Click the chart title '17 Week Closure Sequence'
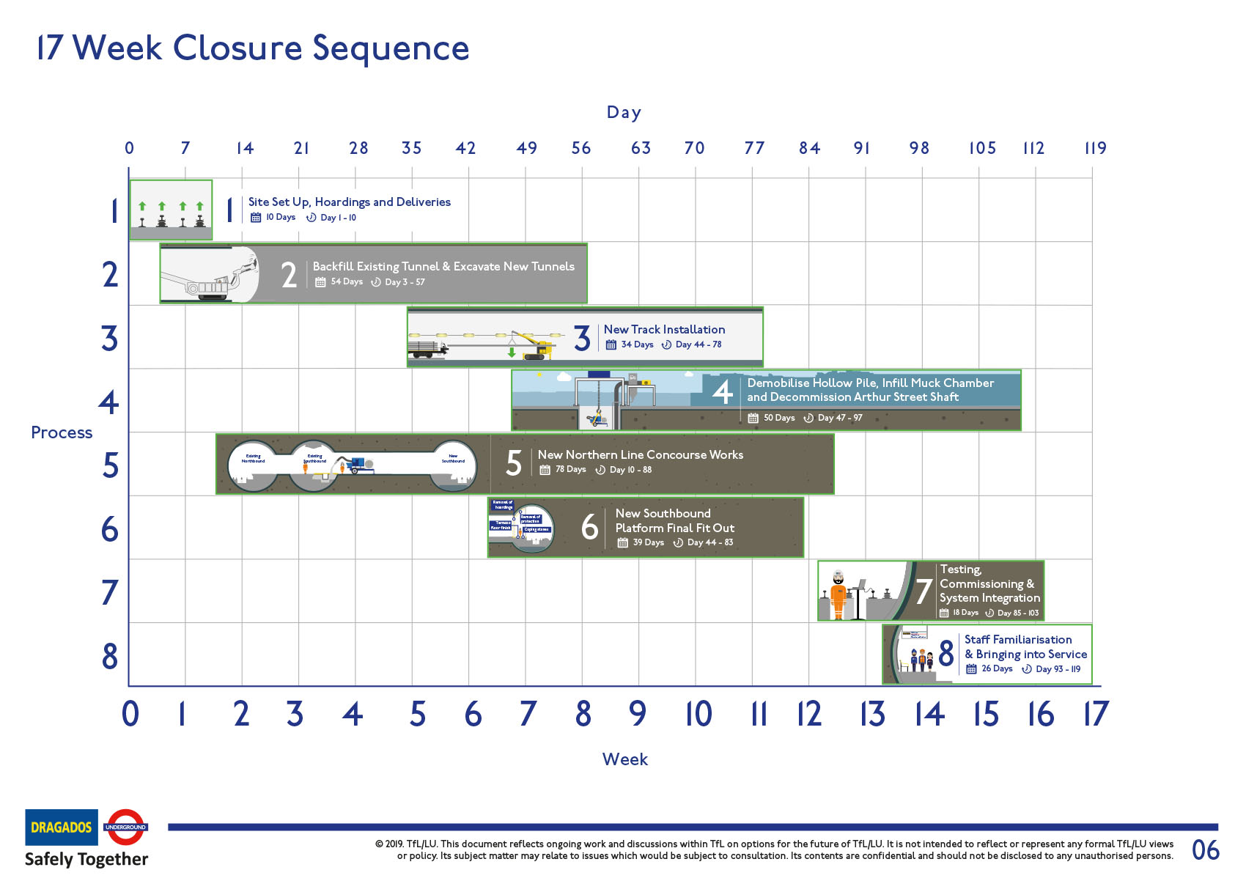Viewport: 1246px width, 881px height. point(253,48)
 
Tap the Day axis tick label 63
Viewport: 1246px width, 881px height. point(641,148)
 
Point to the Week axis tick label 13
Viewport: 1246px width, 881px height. point(872,714)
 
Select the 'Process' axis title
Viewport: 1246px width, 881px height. point(62,432)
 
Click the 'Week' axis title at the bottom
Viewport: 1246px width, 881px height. point(624,759)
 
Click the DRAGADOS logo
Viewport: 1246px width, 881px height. point(62,827)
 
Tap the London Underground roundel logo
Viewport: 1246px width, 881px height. point(126,827)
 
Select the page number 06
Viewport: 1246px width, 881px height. point(1206,850)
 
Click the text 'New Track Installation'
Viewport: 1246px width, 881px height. point(664,330)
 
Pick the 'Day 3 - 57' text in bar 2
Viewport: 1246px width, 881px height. point(405,282)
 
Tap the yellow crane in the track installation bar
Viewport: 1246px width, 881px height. point(534,345)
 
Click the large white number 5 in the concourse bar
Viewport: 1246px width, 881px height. point(514,463)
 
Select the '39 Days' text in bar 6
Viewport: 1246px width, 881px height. point(648,542)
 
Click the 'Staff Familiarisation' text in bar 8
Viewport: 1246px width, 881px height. point(1017,640)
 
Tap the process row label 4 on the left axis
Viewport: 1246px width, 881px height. point(109,402)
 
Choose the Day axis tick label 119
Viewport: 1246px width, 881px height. point(1095,148)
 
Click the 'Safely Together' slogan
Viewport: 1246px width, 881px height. point(86,859)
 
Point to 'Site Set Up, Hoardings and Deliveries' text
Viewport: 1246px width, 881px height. point(349,202)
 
